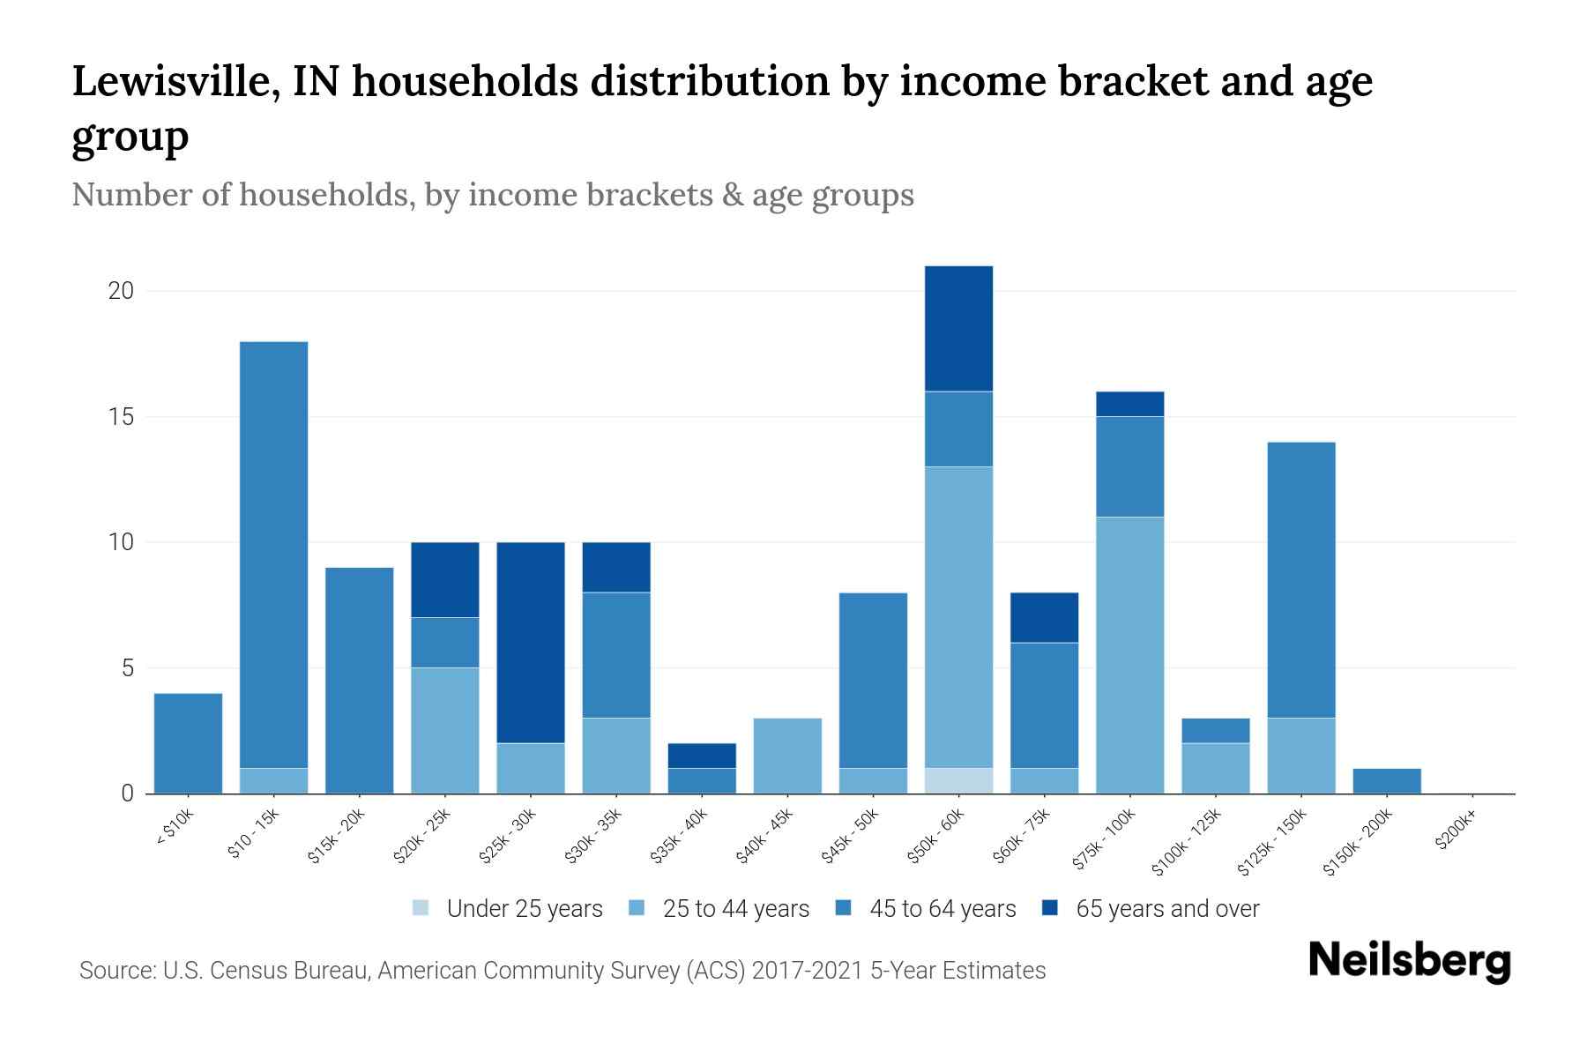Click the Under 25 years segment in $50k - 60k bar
coord(958,781)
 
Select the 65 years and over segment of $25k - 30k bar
coord(531,642)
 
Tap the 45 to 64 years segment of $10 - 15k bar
coord(273,554)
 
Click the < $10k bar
coord(188,743)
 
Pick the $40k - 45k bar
coord(787,756)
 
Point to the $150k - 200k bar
coord(1387,781)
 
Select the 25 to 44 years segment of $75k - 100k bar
coord(1129,655)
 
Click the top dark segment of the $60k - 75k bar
coord(1044,617)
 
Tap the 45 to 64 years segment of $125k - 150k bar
coord(1301,579)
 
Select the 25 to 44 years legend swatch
coord(637,908)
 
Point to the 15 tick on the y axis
coord(121,416)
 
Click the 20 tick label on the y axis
coord(121,291)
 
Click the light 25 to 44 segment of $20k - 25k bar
coord(445,730)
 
